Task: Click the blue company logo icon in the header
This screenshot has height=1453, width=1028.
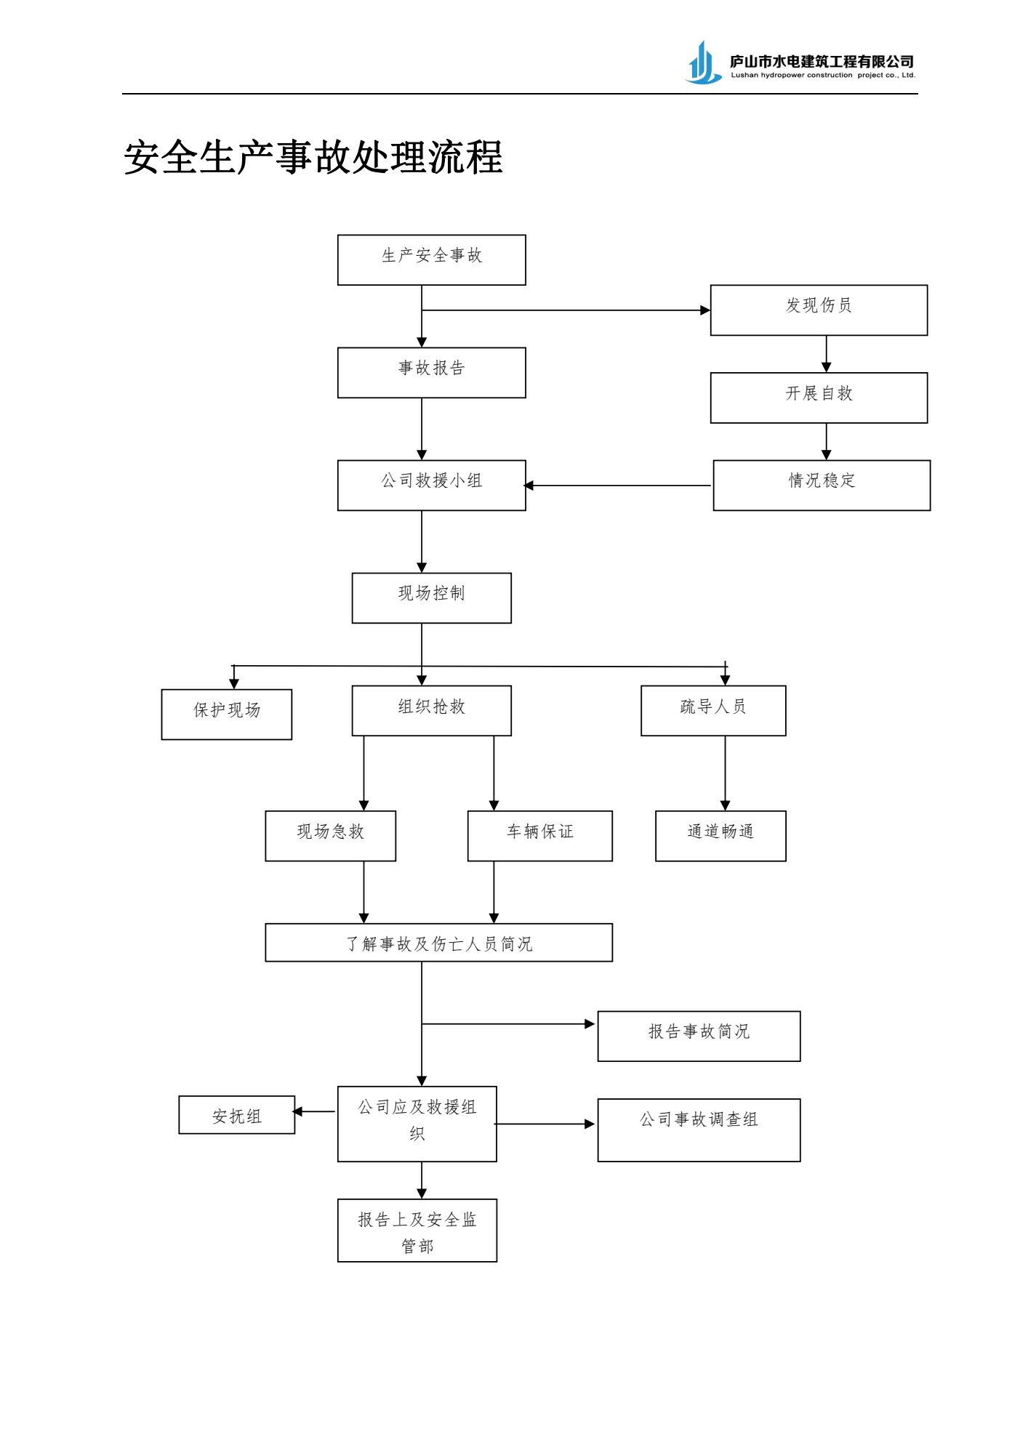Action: click(704, 63)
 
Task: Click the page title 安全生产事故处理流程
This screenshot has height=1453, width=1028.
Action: click(313, 157)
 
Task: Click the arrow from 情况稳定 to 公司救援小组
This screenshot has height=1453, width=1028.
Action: click(618, 485)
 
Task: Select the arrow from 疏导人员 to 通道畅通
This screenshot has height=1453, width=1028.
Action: click(725, 773)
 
